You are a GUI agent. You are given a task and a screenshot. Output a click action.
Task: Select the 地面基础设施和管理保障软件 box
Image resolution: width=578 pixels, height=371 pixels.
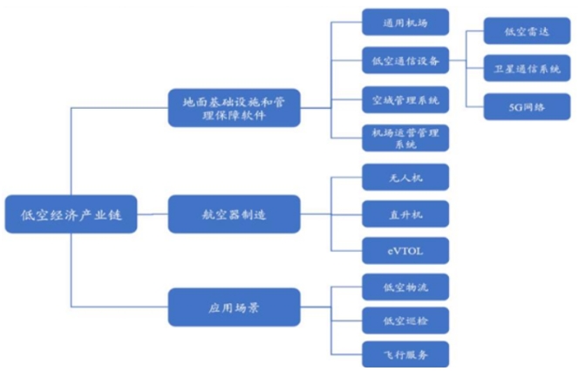point(233,109)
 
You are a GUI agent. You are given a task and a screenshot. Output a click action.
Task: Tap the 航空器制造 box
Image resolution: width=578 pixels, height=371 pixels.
point(233,211)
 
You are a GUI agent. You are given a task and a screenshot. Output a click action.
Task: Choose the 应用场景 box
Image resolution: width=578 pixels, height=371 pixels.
point(233,307)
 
